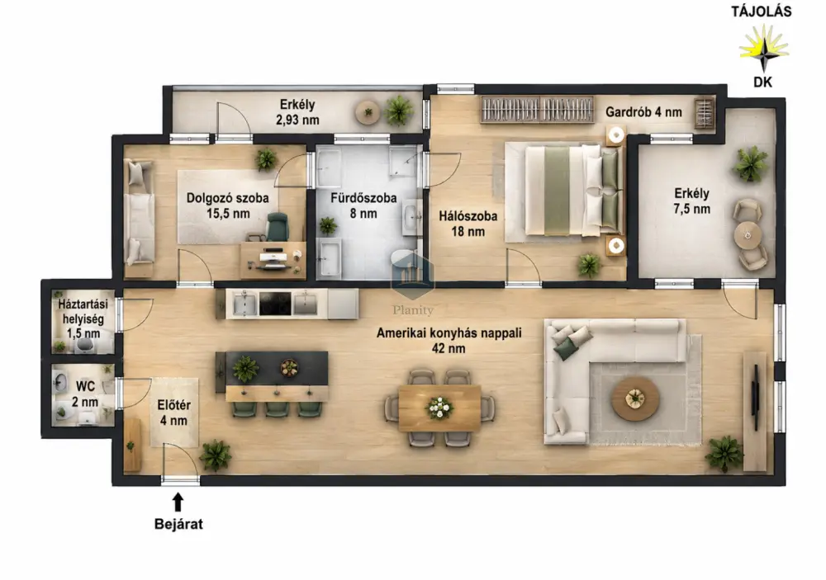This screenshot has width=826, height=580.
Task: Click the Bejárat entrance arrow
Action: point(178,502)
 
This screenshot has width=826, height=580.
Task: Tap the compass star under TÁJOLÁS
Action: point(764,48)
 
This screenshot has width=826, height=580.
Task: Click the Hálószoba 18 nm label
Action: point(468,223)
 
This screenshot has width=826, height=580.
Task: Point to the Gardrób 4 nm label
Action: point(643,112)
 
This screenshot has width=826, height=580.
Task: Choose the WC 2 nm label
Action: point(85,394)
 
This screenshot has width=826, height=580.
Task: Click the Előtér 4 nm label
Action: point(173,413)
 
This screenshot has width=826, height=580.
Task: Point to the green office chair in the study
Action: point(277,226)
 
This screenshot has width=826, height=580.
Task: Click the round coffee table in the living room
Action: point(634,398)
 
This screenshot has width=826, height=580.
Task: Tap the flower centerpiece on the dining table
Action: point(439,407)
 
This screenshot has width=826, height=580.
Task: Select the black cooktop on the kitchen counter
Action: point(275,304)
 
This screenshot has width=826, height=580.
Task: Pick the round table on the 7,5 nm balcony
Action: point(748,235)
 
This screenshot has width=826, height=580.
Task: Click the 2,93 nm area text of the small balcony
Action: point(297,120)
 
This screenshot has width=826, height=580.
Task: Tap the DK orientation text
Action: point(762,83)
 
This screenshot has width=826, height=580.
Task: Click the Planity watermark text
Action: point(413,310)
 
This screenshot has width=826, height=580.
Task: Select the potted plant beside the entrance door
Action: point(216,455)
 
